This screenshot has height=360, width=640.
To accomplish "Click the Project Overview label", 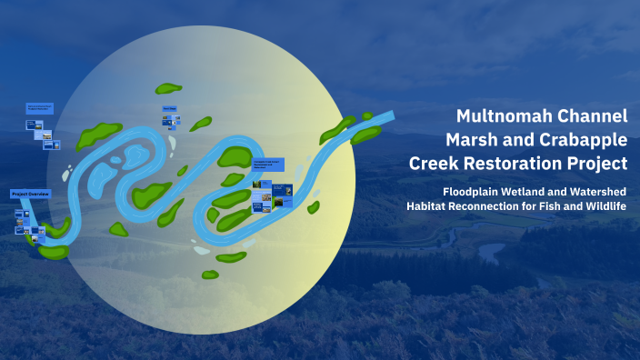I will (x=30, y=195).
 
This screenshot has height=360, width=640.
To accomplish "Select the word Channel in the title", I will (x=593, y=115).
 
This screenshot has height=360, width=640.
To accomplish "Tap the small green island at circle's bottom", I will (x=210, y=274).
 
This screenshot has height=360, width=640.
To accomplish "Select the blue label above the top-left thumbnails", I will (x=40, y=108).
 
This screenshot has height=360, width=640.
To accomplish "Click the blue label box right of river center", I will (x=268, y=165).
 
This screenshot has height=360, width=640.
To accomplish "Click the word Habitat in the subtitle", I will (x=433, y=206).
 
